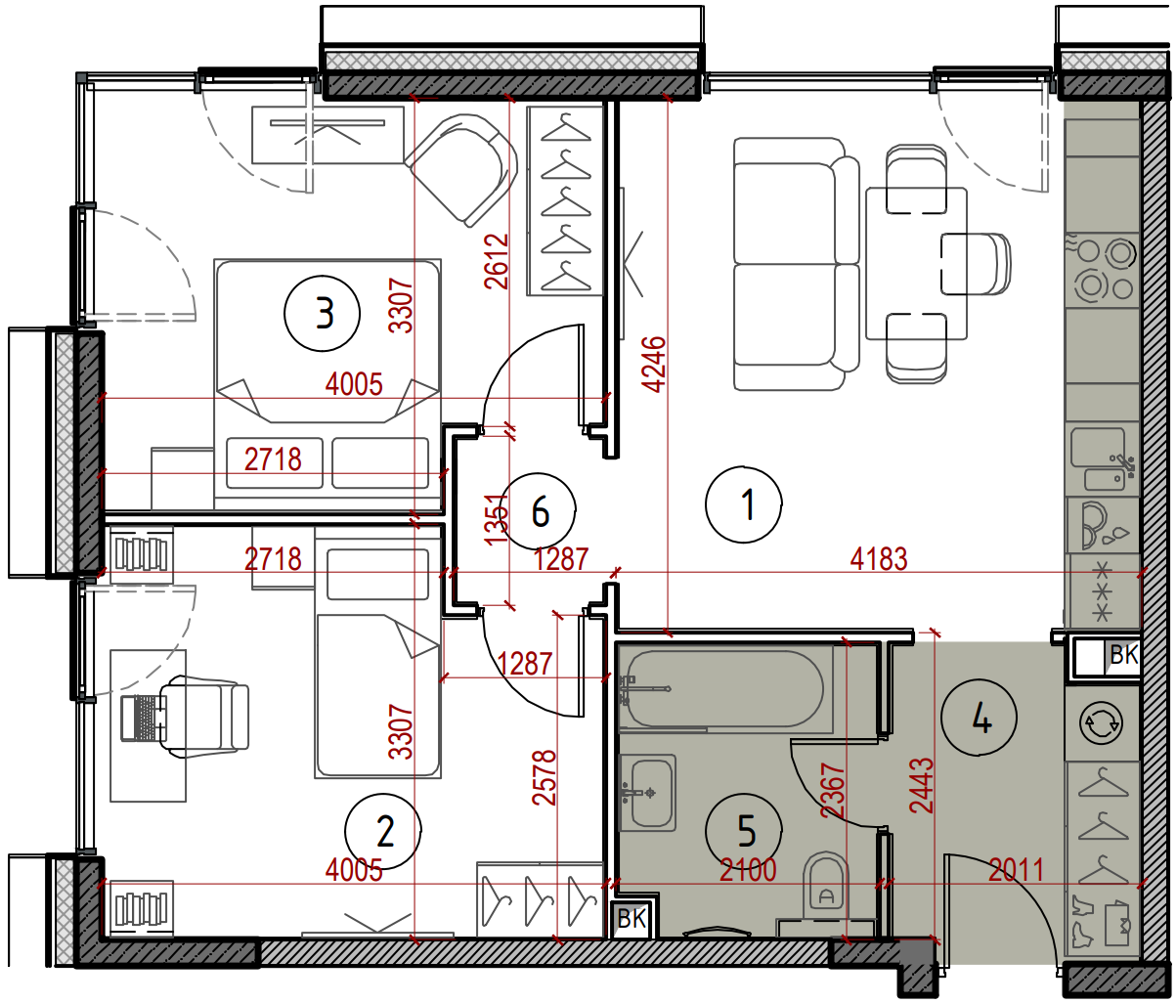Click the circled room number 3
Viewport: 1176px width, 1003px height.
(322, 314)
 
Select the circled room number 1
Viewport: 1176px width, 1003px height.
(743, 504)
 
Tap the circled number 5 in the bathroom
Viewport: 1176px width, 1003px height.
(744, 831)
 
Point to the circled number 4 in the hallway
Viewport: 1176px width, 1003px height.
(979, 718)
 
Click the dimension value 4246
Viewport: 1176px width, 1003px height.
(654, 364)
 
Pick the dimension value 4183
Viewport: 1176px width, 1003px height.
(879, 559)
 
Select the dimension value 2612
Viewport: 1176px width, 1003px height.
(497, 262)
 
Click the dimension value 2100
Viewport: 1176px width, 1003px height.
(748, 870)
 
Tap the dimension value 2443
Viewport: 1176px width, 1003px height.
(921, 785)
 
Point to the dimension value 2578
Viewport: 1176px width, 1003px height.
(544, 778)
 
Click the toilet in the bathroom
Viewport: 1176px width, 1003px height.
(825, 894)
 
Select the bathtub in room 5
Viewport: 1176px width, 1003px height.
(724, 689)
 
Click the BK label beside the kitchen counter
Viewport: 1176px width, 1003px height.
(1123, 655)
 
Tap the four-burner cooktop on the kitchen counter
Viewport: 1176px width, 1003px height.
(1101, 268)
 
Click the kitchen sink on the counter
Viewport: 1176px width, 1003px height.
(1101, 459)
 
